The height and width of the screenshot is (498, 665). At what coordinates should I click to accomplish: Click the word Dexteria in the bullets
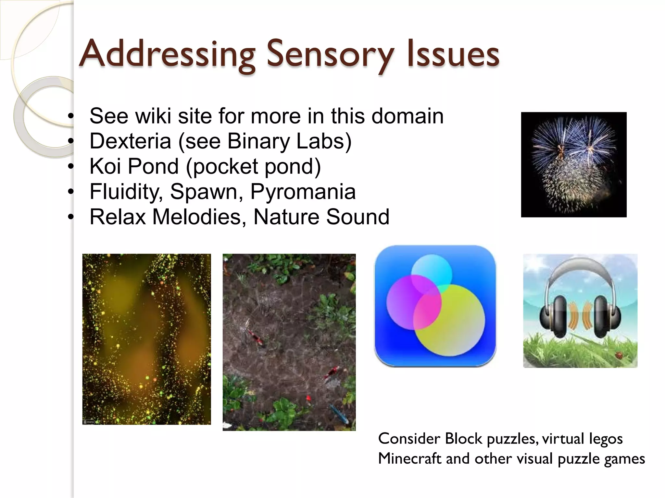tap(130, 141)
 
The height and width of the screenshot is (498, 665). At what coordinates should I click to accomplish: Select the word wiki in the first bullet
tap(153, 116)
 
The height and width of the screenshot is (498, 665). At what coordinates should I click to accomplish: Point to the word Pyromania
tap(303, 192)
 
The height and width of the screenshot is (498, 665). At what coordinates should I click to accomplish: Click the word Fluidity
tap(126, 192)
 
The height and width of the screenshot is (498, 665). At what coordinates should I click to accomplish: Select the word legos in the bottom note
tap(606, 439)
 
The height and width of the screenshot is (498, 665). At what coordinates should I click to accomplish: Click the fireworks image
tap(574, 165)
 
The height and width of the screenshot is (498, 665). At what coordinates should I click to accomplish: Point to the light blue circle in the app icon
tap(432, 271)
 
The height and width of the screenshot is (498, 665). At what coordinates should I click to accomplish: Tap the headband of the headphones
tap(580, 264)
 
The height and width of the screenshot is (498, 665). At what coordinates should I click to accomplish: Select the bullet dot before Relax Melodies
tap(71, 217)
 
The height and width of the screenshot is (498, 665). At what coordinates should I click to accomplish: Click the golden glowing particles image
tap(146, 339)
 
